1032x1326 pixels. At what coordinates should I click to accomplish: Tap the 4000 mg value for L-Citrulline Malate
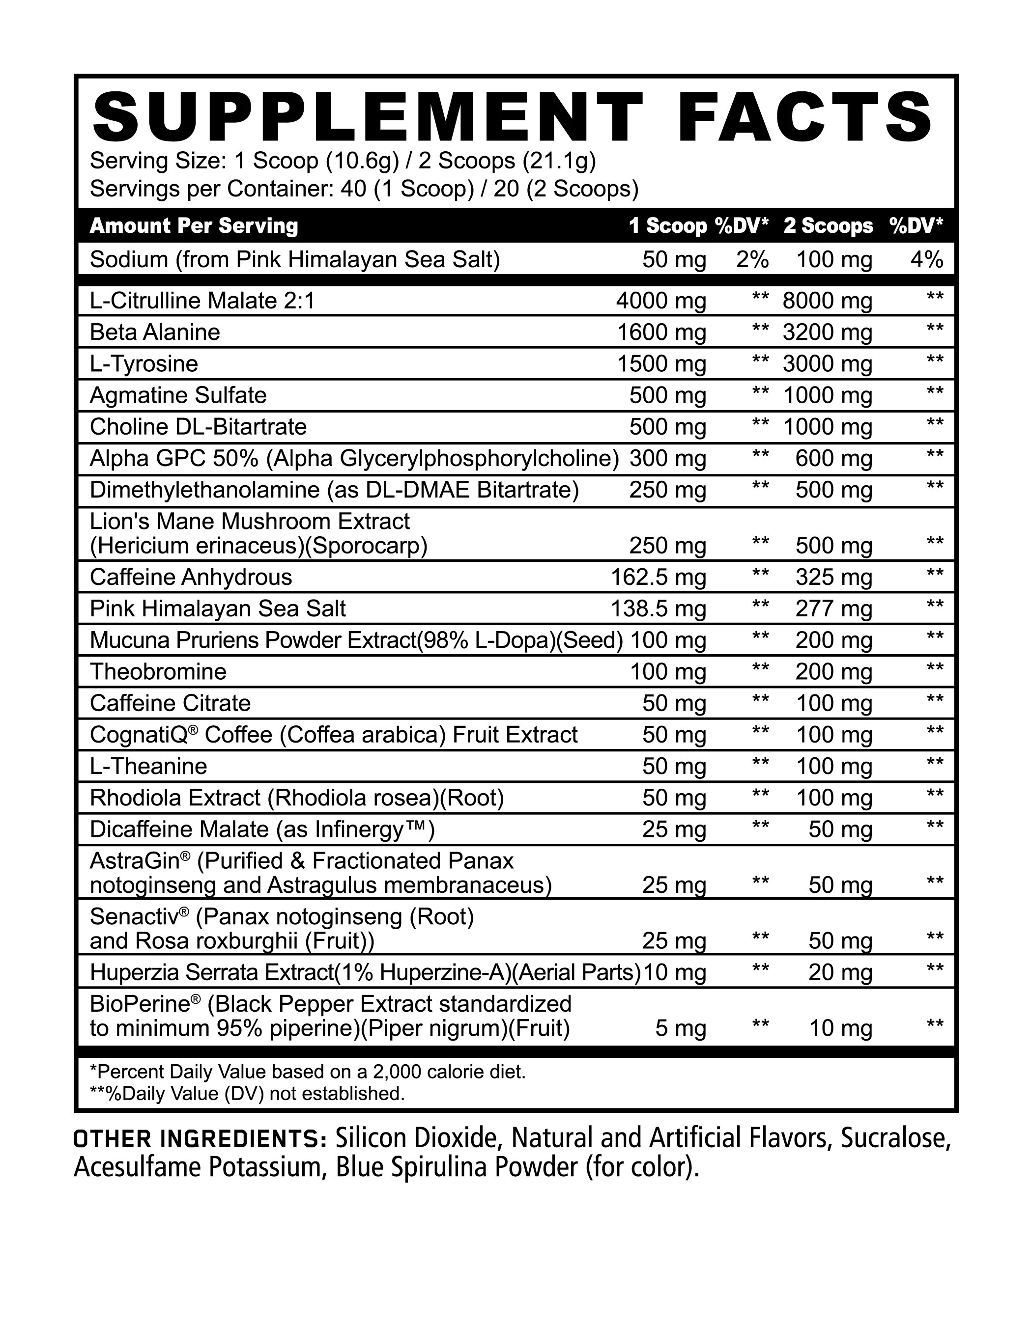(661, 301)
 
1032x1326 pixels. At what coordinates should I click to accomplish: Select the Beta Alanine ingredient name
(155, 332)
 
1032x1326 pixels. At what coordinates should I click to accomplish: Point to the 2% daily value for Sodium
(752, 260)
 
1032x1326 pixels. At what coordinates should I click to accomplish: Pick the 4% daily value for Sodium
(926, 260)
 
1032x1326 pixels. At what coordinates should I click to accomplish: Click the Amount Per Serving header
(194, 226)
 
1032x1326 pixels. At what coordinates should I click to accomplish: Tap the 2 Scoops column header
(828, 226)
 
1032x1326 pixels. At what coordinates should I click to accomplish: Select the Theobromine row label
(158, 671)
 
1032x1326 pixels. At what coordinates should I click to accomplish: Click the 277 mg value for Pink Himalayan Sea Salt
(834, 608)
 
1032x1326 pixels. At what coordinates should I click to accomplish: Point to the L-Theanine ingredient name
(148, 766)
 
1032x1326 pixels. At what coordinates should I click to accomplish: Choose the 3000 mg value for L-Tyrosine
(827, 364)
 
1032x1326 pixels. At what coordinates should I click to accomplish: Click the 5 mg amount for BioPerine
(681, 1028)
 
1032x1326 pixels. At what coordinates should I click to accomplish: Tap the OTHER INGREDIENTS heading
(201, 1138)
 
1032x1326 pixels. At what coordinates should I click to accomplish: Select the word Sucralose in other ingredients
(895, 1138)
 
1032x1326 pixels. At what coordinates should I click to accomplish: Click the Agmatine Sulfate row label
(178, 395)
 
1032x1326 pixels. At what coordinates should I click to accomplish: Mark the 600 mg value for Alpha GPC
(834, 458)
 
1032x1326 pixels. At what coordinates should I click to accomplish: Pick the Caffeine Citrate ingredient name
(170, 703)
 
